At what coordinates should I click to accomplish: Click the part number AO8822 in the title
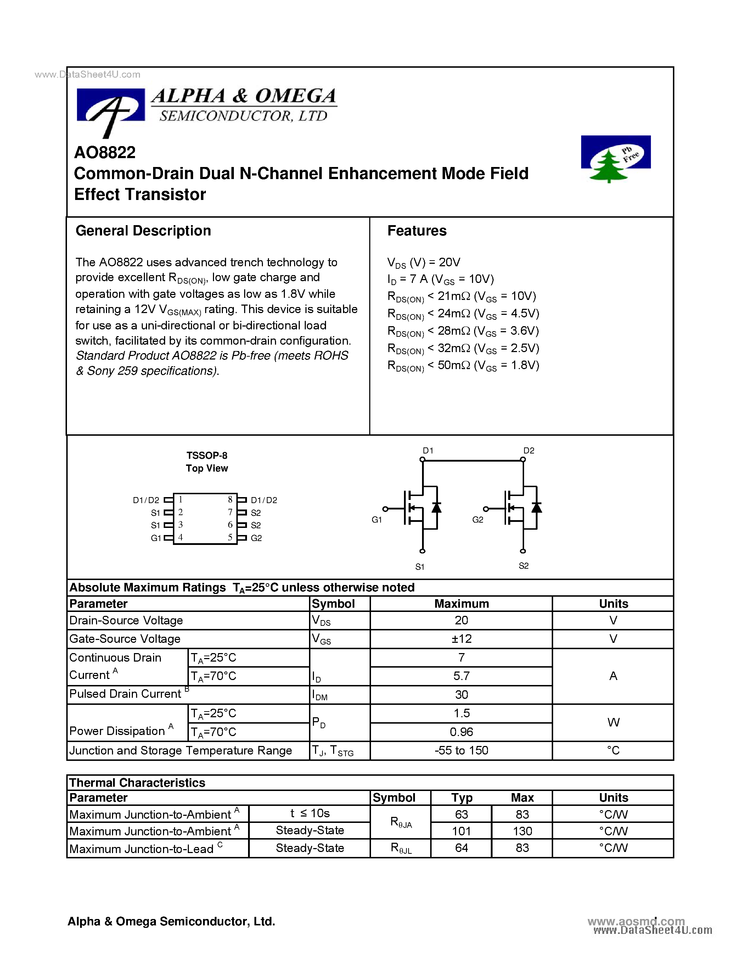(x=105, y=153)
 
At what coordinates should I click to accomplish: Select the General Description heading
(x=143, y=231)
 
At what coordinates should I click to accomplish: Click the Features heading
(x=417, y=231)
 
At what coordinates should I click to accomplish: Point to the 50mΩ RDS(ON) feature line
(x=463, y=366)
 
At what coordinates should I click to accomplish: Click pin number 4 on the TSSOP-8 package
(x=181, y=537)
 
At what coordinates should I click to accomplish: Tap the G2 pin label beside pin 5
(x=256, y=538)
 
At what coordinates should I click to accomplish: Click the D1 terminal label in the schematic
(x=428, y=450)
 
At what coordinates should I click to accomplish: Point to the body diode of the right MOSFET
(x=536, y=508)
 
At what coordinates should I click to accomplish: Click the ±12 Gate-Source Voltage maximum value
(x=461, y=639)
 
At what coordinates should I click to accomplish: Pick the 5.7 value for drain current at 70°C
(x=461, y=676)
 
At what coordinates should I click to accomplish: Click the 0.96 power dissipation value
(x=461, y=732)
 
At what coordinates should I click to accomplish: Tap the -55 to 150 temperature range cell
(x=461, y=751)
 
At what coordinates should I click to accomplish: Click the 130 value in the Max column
(x=522, y=831)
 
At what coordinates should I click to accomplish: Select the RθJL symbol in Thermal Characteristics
(x=400, y=848)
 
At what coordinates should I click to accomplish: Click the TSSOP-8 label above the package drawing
(x=207, y=455)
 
